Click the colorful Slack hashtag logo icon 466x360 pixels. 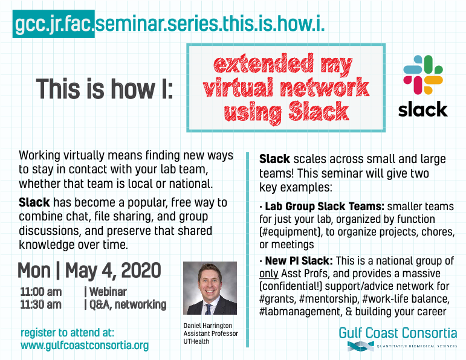pyautogui.click(x=423, y=74)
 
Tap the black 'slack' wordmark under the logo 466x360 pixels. pyautogui.click(x=423, y=109)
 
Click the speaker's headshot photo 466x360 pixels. pyautogui.click(x=210, y=288)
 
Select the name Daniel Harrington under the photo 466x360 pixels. pyautogui.click(x=208, y=326)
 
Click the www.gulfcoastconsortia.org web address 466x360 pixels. pyautogui.click(x=85, y=346)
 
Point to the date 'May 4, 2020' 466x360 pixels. pyautogui.click(x=113, y=271)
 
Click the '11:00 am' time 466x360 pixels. pyautogui.click(x=41, y=292)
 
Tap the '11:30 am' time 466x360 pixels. pyautogui.click(x=41, y=304)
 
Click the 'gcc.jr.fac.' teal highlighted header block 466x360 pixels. pyautogui.click(x=54, y=24)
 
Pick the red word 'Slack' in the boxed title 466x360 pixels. pyautogui.click(x=319, y=111)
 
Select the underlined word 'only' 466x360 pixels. pyautogui.click(x=269, y=274)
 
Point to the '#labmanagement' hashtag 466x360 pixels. pyautogui.click(x=300, y=312)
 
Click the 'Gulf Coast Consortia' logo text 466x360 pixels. pyautogui.click(x=398, y=333)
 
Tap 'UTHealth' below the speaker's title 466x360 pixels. pyautogui.click(x=196, y=342)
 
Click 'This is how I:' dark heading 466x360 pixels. pyautogui.click(x=105, y=89)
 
